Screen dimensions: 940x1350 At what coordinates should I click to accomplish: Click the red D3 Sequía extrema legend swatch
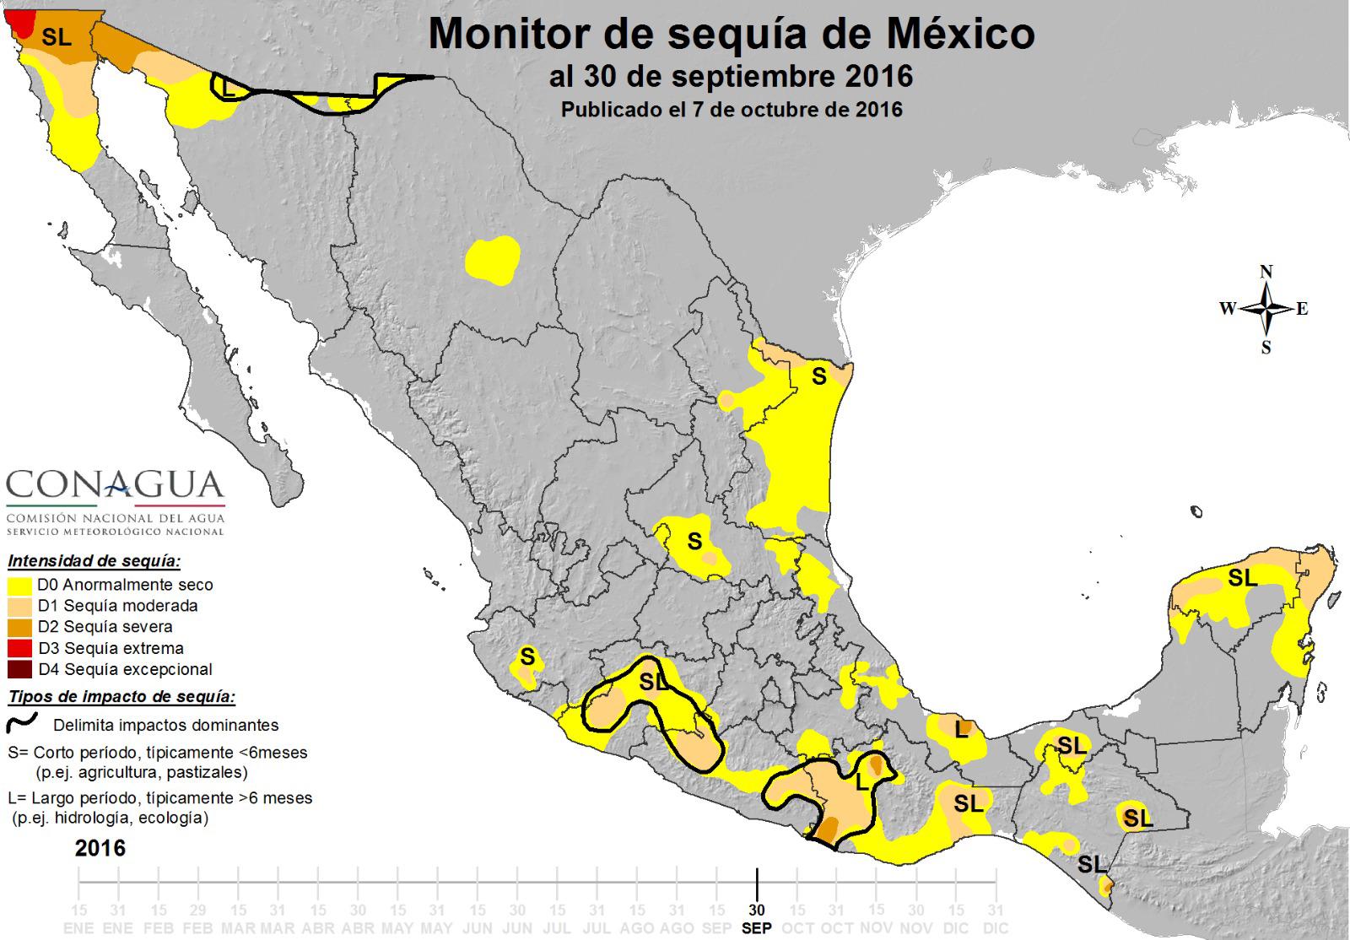coord(20,648)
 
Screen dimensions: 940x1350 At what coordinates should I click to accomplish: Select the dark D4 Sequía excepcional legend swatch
coord(20,669)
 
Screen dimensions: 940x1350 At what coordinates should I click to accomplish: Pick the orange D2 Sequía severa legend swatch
coord(20,627)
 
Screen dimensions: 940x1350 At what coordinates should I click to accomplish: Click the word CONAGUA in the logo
coord(115,486)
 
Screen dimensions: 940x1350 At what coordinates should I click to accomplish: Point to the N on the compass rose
coord(1266,272)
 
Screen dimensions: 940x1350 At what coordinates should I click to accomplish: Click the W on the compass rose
coord(1227,309)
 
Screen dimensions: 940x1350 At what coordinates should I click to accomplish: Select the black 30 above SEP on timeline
coord(757,910)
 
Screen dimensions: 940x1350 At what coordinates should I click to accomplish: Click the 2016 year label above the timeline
coord(100,848)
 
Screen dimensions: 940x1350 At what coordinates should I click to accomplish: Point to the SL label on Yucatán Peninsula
coord(1242,578)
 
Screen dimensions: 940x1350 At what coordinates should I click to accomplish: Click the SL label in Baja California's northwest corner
coord(57,38)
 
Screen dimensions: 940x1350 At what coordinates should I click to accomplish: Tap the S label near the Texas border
coord(818,377)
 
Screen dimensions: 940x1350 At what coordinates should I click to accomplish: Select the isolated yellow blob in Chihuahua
coord(493,259)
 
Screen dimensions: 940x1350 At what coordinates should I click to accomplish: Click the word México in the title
coord(963,35)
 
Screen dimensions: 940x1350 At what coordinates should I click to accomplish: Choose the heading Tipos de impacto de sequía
coord(121,697)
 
